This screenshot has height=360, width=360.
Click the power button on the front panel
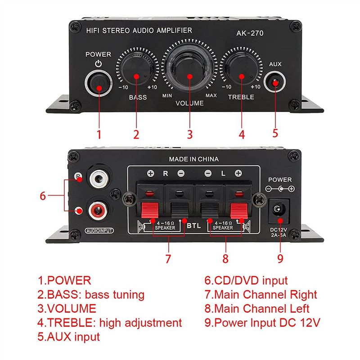(99, 83)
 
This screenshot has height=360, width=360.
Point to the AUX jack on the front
(275, 84)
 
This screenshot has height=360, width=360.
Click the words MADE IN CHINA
(193, 159)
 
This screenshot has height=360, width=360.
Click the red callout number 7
(168, 259)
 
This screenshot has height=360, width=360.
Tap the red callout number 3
(189, 134)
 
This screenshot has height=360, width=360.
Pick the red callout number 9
(280, 259)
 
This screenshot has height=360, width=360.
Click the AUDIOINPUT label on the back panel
(99, 231)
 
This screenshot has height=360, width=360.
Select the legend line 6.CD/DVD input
(246, 281)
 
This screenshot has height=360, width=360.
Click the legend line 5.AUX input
(68, 336)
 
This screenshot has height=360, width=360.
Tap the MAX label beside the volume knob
(211, 96)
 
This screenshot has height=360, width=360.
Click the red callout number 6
(43, 196)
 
